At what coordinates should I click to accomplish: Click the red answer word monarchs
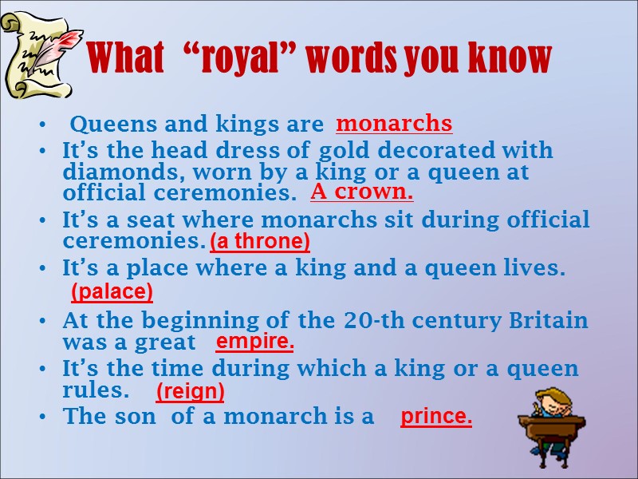point(394,124)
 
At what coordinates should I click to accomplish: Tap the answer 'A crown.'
point(361,192)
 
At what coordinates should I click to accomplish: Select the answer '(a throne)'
point(260,241)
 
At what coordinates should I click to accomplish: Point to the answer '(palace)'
point(112,292)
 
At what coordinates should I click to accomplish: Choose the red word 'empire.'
point(255,342)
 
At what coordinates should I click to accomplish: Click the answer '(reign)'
point(190,391)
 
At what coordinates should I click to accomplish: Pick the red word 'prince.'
point(436,416)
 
